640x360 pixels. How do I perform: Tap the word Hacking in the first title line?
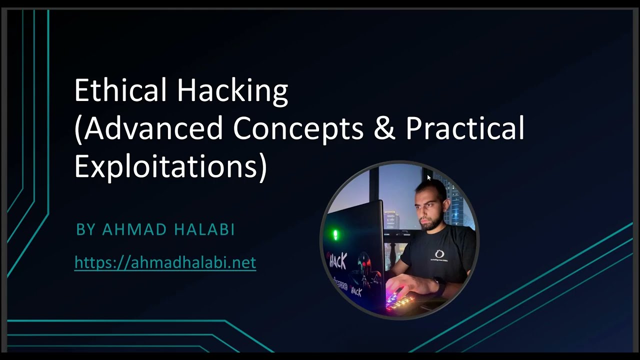[232, 91]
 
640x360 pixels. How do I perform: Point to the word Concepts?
[298, 128]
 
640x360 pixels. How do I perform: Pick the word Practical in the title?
[465, 128]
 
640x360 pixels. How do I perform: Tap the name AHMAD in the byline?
[134, 229]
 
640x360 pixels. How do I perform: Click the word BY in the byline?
[85, 229]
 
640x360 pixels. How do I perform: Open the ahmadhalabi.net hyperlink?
[165, 262]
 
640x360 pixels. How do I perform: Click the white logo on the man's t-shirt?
[440, 254]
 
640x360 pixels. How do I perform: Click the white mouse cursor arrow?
[429, 177]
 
